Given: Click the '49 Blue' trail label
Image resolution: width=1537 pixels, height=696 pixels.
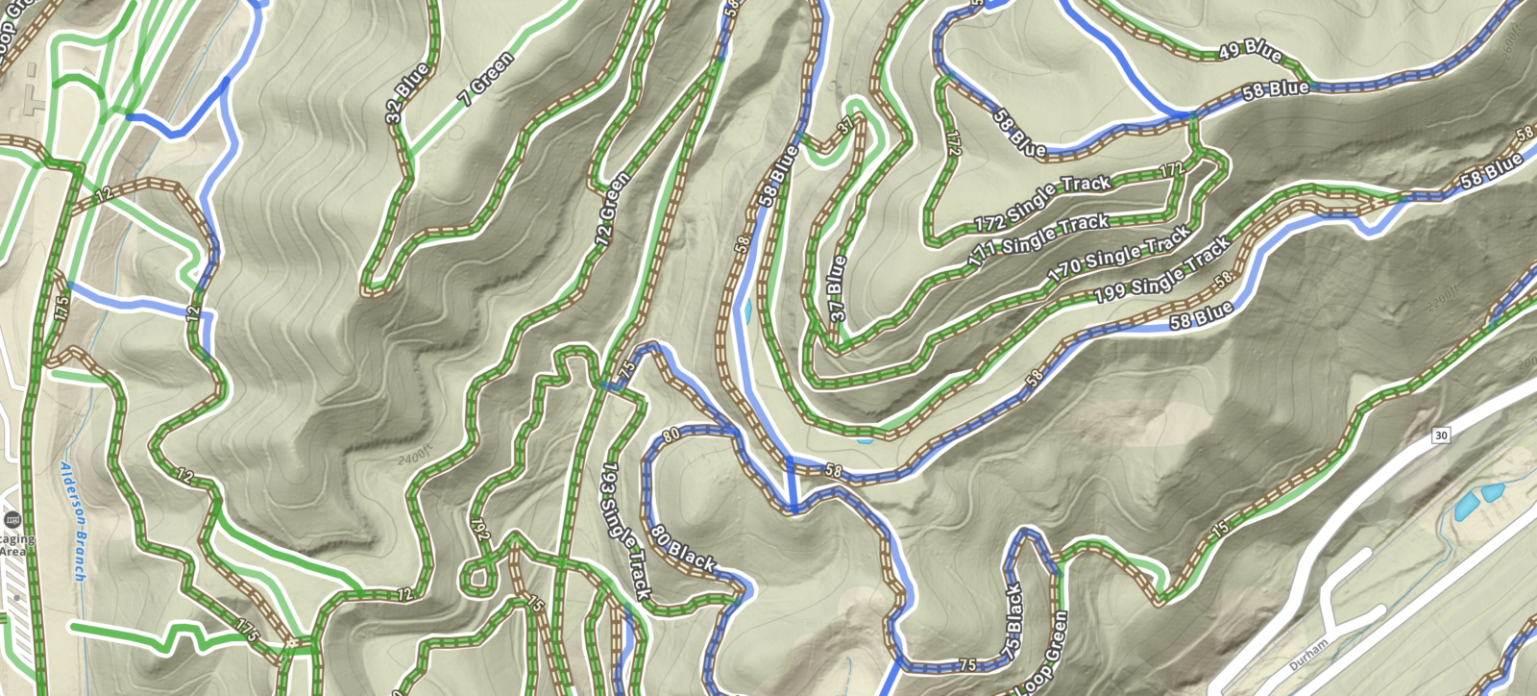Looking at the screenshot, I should tap(1249, 50).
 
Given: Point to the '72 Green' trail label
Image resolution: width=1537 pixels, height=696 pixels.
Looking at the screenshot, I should tap(613, 209).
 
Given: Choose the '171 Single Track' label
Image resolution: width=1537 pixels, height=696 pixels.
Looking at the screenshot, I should tap(1037, 240).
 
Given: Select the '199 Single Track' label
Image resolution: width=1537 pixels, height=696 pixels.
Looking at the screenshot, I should tap(1162, 272).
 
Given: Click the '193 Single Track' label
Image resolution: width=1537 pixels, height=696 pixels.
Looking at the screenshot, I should tap(625, 530).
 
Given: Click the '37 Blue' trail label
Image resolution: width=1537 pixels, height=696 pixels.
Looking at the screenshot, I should tap(837, 287).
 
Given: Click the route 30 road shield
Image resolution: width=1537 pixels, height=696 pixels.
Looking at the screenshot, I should tap(1440, 435).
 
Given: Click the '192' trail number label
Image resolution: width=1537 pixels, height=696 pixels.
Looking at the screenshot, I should tap(479, 529).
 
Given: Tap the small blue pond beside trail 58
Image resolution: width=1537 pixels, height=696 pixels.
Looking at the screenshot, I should tap(747, 311).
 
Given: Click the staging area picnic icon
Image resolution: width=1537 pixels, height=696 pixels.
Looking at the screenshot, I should tap(12, 520).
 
